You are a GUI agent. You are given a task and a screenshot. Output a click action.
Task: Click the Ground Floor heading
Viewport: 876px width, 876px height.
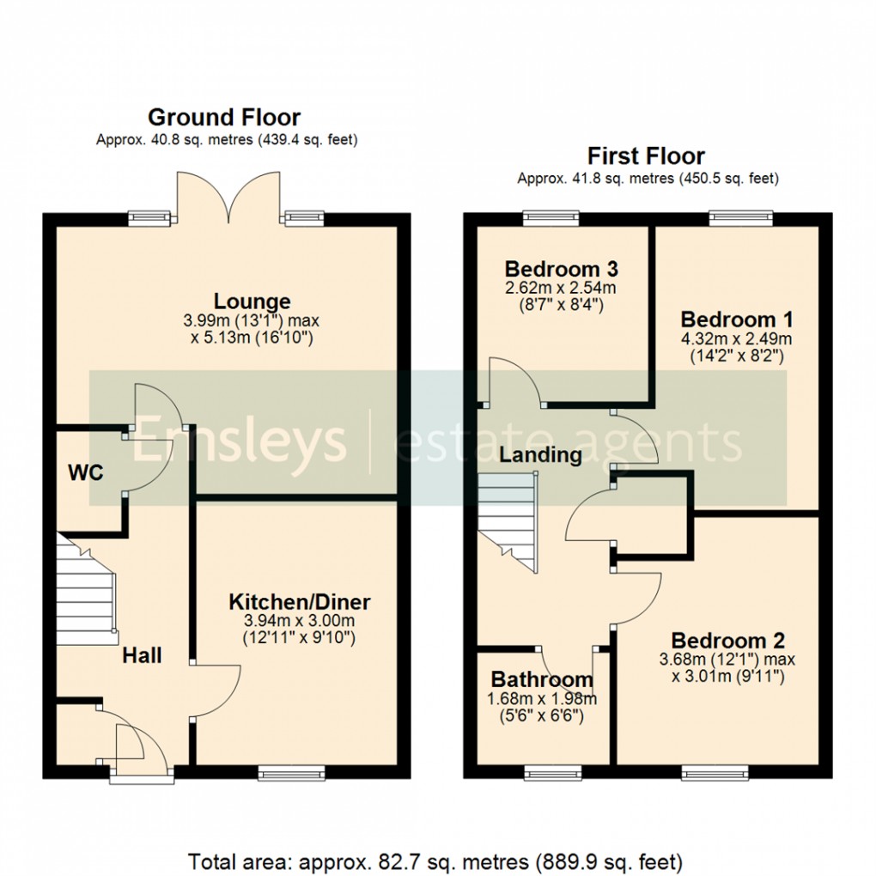[x=224, y=117]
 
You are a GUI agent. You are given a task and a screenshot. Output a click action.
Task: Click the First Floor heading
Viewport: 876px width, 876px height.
[x=646, y=156]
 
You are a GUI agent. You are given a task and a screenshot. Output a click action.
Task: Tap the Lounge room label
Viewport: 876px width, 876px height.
[x=252, y=301]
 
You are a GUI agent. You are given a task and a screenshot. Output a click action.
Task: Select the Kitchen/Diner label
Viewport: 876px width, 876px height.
[x=299, y=600]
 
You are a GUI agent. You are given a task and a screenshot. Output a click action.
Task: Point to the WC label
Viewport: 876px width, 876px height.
[x=86, y=472]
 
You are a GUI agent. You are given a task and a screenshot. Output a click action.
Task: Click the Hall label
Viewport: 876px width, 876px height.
[x=142, y=656]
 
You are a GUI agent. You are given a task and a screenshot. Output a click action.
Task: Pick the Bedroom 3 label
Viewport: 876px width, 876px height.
[x=562, y=267]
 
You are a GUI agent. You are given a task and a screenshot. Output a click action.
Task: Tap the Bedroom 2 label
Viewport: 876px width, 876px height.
[x=727, y=641]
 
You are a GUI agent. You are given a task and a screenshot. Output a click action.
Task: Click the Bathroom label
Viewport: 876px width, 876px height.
[x=541, y=680]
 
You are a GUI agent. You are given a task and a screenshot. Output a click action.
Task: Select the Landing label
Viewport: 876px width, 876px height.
[x=541, y=454]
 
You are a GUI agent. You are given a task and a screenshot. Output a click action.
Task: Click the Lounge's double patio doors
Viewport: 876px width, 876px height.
[x=230, y=198]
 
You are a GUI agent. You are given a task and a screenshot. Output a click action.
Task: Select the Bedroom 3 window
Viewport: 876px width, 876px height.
[x=551, y=217]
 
